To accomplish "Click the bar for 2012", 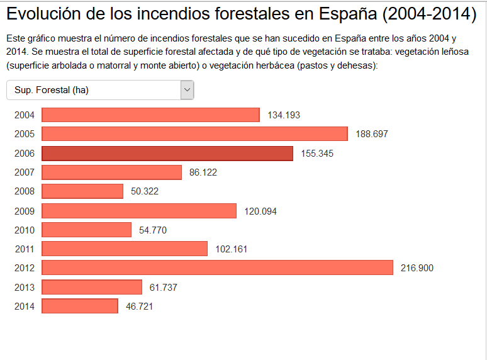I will [x=217, y=267].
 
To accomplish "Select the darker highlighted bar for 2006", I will [x=167, y=153].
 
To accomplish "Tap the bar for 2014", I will [x=80, y=306].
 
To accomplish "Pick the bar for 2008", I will [x=82, y=191].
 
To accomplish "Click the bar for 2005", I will [x=194, y=134].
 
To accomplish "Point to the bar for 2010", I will [x=86, y=230].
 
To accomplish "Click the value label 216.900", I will [x=417, y=268].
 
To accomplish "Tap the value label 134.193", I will [x=284, y=115].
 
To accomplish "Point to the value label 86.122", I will [x=203, y=172].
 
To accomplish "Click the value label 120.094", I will [x=260, y=211].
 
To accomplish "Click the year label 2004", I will [x=24, y=115].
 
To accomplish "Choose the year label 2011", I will [x=24, y=249].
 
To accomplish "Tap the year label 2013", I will [x=24, y=288].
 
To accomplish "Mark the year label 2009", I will [x=24, y=211].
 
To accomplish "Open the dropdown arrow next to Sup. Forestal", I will [x=187, y=90].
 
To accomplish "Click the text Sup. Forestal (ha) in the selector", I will [x=52, y=90].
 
